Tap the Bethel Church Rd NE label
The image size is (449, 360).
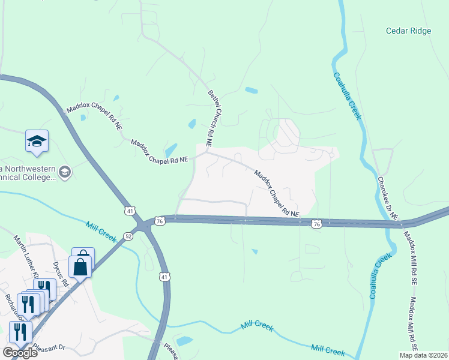[211, 119]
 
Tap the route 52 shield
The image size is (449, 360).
[128, 236]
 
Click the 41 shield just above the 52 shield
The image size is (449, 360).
[130, 211]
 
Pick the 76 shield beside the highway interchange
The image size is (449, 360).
[159, 221]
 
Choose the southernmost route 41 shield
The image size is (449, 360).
[164, 277]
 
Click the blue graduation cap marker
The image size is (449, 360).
[37, 142]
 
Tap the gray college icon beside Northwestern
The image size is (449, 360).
[65, 173]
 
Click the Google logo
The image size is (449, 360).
[20, 352]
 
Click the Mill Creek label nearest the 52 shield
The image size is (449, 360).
[101, 231]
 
